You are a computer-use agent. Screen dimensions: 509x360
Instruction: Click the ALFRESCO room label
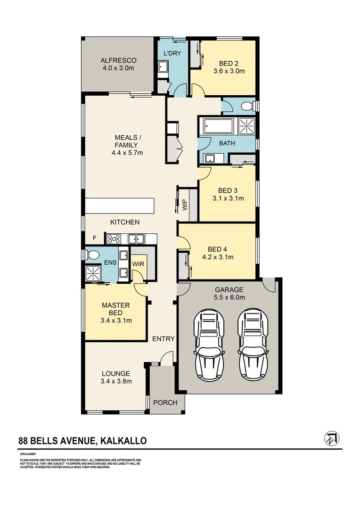[x=118, y=60]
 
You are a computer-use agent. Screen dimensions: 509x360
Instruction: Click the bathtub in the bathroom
[x=218, y=126]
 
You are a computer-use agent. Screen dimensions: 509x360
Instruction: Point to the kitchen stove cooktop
[x=114, y=239]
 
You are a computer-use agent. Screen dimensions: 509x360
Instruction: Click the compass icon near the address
[x=332, y=438]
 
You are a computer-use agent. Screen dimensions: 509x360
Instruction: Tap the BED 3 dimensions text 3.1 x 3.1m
[x=228, y=198]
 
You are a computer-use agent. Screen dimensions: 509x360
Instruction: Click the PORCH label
[x=165, y=402]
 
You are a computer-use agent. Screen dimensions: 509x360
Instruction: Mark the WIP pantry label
[x=185, y=205]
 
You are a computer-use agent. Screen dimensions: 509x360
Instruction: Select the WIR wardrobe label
[x=138, y=264]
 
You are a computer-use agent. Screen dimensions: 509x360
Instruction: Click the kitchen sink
[x=136, y=239]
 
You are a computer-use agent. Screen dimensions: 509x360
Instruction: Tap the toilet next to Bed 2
[x=247, y=107]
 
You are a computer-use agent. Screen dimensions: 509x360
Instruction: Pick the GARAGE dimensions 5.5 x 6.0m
[x=229, y=297]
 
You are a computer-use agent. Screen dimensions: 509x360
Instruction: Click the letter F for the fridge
[x=95, y=238]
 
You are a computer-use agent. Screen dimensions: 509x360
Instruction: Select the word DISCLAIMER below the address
[x=28, y=454]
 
